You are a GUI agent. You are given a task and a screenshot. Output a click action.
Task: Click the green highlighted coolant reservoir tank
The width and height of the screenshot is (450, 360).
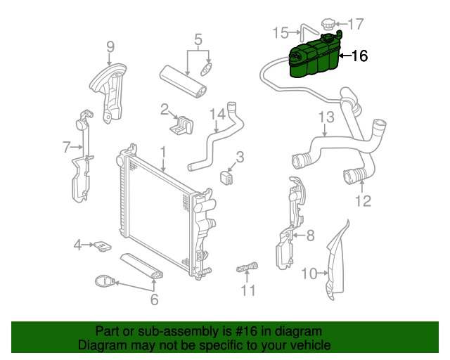click(313, 60)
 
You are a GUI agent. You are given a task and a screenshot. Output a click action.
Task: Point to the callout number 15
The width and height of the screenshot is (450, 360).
click(280, 32)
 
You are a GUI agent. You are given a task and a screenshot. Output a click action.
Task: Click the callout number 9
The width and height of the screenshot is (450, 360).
click(110, 47)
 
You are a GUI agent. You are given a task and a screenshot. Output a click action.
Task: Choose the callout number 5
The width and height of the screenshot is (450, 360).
click(198, 39)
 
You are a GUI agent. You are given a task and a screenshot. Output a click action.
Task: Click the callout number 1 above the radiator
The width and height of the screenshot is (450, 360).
click(162, 152)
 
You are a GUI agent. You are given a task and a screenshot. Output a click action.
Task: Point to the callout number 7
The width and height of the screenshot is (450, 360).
click(67, 147)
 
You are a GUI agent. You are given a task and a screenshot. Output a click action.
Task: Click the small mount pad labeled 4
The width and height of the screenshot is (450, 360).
click(103, 246)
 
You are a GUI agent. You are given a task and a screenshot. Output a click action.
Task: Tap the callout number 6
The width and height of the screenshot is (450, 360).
click(154, 300)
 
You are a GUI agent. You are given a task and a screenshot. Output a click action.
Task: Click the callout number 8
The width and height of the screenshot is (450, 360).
click(310, 236)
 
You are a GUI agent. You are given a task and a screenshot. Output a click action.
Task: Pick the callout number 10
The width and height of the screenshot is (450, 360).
click(310, 274)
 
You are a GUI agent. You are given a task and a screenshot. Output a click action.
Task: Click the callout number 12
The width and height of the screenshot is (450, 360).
click(361, 202)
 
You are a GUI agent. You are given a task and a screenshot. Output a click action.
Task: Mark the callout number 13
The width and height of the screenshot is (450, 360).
click(326, 117)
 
